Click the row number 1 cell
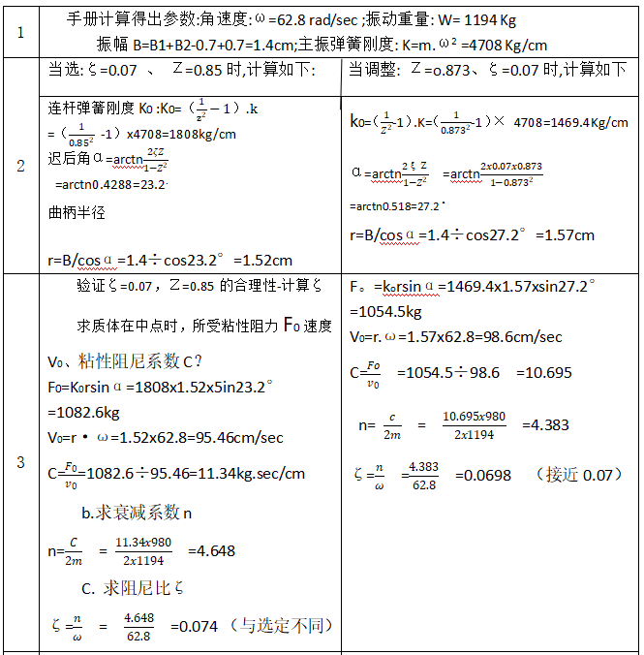20,31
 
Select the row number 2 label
20,166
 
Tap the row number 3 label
20,462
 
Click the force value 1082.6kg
79,412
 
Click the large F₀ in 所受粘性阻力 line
294,324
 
